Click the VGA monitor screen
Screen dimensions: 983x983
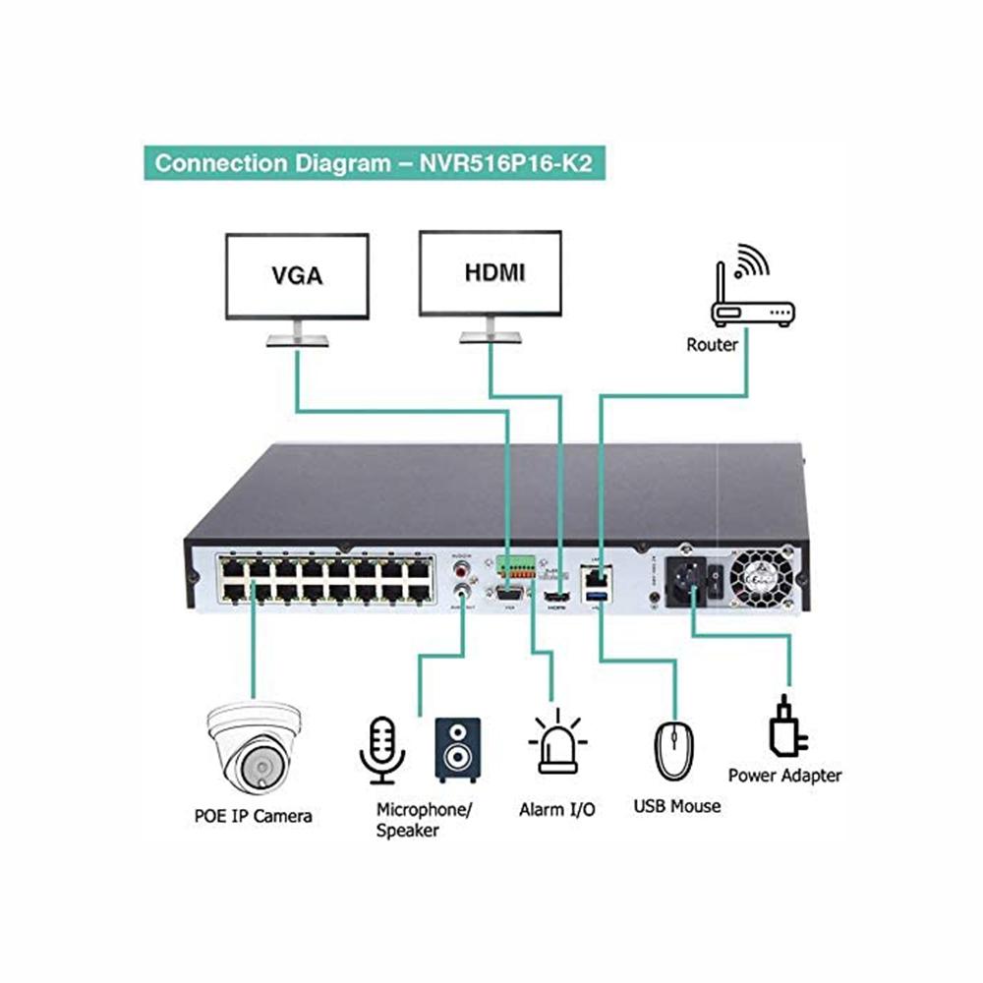[x=297, y=275]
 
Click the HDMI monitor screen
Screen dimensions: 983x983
[x=491, y=273]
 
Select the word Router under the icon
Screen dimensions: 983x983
[x=713, y=345]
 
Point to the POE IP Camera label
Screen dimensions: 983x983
[x=253, y=816]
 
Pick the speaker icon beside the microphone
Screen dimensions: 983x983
[x=458, y=750]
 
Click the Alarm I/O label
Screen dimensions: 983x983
[x=556, y=811]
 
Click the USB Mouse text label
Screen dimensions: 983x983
[x=676, y=807]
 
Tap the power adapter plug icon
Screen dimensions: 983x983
[x=786, y=726]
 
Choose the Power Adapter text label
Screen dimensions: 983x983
[x=784, y=776]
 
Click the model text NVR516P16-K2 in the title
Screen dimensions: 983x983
[x=506, y=162]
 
